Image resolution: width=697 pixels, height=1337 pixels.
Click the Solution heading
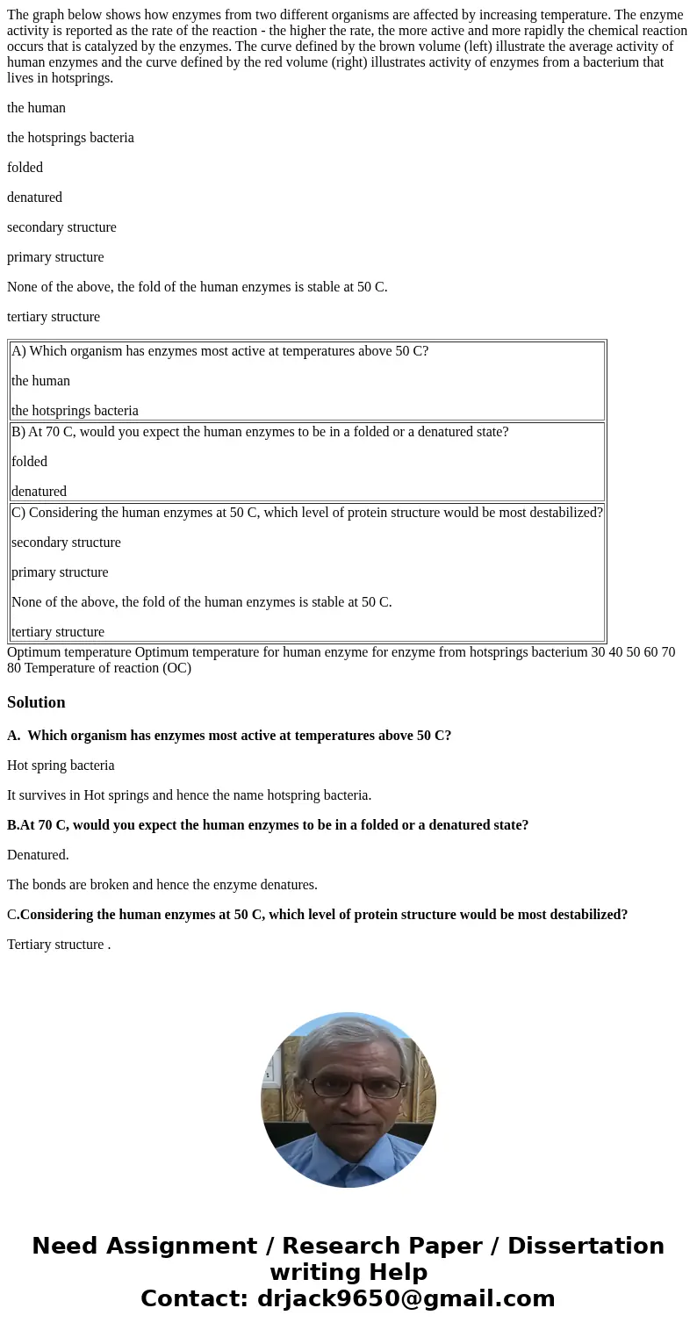36,702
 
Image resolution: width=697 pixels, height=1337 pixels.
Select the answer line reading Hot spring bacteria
61,766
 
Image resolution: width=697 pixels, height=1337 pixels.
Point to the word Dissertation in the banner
586,1246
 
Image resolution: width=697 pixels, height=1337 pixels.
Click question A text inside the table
219,351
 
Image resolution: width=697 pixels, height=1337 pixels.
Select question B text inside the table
260,432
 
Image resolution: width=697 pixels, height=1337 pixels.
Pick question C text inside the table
307,513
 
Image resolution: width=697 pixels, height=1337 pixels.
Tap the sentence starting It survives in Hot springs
189,795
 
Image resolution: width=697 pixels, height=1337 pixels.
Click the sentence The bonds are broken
162,885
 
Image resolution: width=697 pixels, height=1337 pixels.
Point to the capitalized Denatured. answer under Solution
38,855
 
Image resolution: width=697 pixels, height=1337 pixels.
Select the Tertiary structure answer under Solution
58,945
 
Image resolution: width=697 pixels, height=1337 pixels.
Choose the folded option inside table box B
29,462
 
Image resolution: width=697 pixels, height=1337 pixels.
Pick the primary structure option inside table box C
60,572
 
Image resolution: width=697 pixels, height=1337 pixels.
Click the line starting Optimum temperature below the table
341,659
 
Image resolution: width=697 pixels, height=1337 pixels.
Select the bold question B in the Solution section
268,825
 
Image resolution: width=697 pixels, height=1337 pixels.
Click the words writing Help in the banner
348,1272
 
